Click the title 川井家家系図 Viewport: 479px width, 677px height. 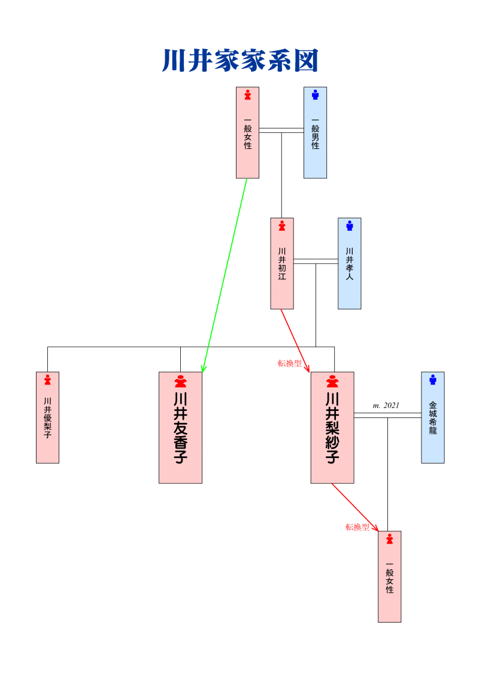point(239,61)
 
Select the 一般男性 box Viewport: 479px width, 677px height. point(315,133)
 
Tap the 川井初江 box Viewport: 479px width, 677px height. point(282,264)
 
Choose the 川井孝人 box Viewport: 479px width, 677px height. point(350,264)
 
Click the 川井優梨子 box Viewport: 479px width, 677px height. point(47,417)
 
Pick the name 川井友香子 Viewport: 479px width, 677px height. point(180,428)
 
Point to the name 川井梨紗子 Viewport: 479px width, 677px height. point(332,428)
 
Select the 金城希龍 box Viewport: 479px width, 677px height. point(432,417)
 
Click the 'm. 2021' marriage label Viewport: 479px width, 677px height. point(386,405)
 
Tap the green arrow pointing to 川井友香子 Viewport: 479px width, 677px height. point(225,275)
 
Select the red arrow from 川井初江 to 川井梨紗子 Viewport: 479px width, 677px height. point(295,340)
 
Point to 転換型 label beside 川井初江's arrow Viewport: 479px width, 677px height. point(290,363)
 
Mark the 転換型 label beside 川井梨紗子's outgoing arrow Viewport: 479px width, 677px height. point(357,527)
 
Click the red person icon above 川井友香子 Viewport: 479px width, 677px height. point(180,382)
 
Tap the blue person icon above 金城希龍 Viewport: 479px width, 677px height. point(432,380)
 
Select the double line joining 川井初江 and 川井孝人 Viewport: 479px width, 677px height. point(316,261)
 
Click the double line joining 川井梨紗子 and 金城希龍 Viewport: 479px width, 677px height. point(387,415)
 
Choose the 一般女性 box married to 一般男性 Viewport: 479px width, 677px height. point(247,133)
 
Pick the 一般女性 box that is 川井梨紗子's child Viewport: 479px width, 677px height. point(389,577)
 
